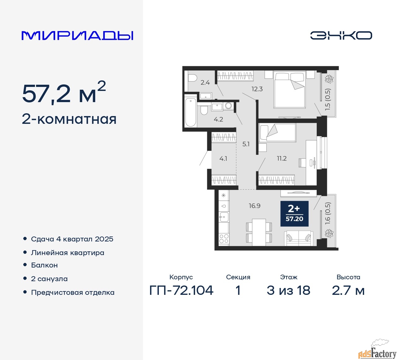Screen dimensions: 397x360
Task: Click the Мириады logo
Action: tap(77, 36)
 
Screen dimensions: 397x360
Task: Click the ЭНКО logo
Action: tap(341, 35)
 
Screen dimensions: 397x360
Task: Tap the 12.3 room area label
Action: tap(257, 89)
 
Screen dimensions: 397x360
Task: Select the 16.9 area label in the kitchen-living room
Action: tap(255, 206)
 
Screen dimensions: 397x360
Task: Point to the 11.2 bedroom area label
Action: tap(282, 158)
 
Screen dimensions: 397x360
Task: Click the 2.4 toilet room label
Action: tap(205, 82)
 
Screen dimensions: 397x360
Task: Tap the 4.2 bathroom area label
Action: tap(218, 119)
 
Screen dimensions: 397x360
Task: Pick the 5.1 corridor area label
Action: tap(246, 144)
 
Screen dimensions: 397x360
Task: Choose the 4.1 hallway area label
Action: tap(223, 159)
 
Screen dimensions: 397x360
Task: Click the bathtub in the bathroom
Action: tap(190, 112)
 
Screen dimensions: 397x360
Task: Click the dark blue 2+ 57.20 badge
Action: tap(294, 214)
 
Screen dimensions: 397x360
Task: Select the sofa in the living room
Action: tap(299, 238)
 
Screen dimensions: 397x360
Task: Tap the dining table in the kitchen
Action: tap(259, 232)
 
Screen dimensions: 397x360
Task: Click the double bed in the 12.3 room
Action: tap(290, 90)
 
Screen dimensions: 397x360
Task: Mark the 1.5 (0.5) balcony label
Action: tap(328, 99)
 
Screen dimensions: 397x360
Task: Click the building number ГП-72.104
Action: tap(181, 290)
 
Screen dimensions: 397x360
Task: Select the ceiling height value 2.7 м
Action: tap(348, 290)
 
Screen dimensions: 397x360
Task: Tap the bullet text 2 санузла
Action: tap(49, 279)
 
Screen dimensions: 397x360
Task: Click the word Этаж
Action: tap(288, 277)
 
